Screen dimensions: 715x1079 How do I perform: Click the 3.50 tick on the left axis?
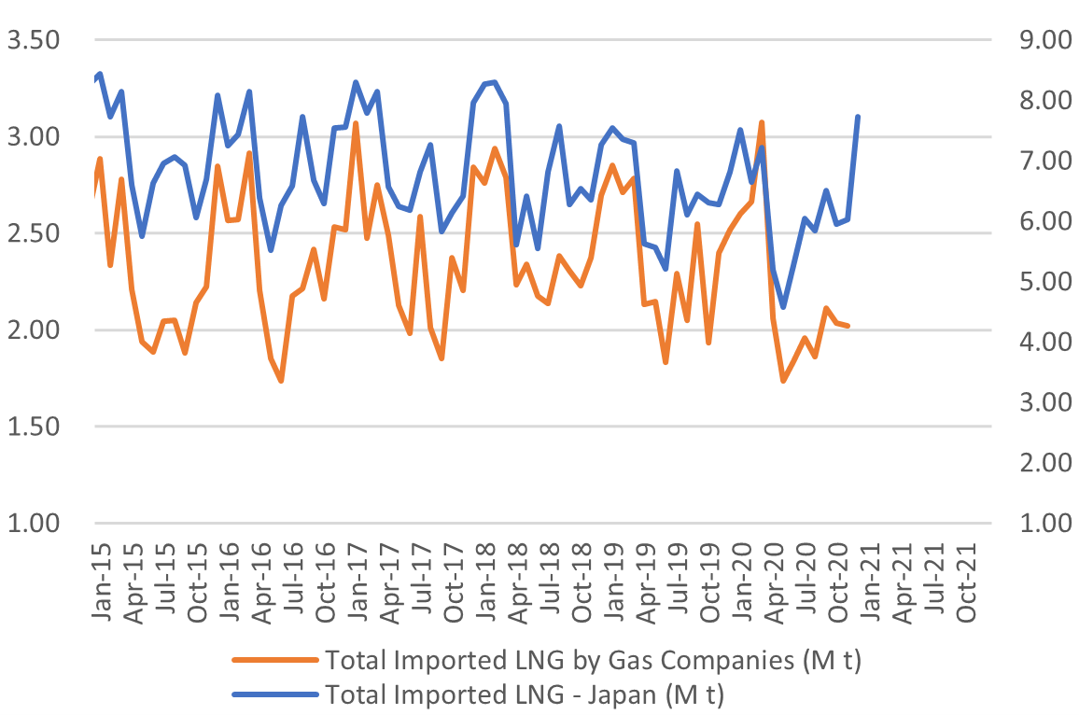point(34,41)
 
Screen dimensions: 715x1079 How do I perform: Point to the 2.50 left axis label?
point(34,233)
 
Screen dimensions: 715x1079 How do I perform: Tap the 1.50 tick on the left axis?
point(34,427)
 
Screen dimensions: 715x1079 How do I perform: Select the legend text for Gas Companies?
point(592,661)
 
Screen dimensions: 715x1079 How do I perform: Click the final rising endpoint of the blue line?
point(858,117)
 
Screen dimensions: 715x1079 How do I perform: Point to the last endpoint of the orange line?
point(848,326)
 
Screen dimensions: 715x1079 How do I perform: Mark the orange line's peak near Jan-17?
point(356,123)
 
